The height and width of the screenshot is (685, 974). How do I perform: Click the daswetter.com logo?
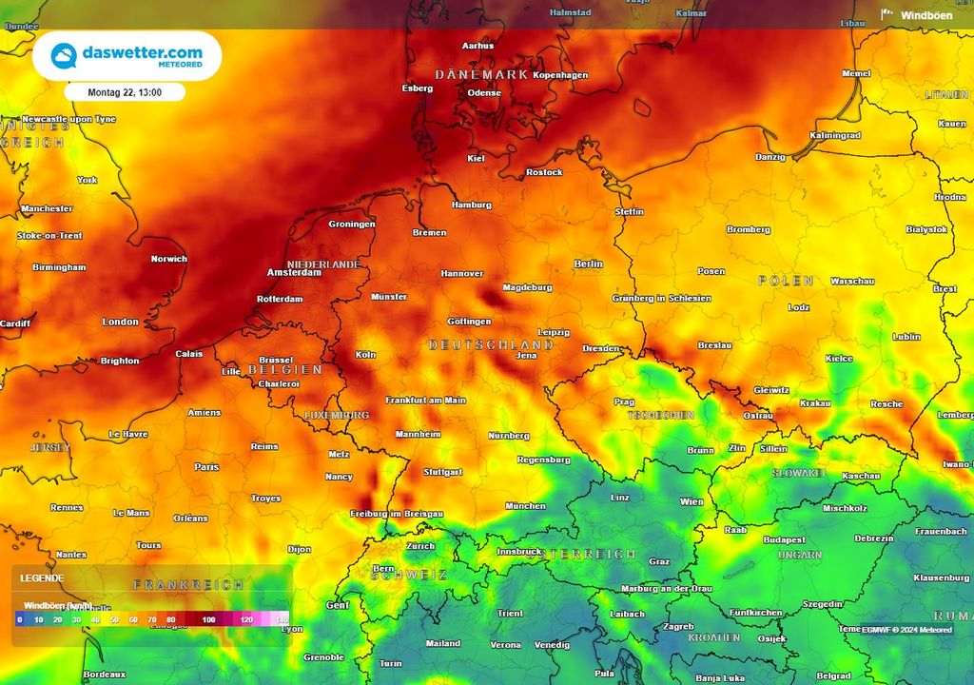click(127, 55)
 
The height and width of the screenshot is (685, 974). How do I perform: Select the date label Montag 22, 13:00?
click(125, 93)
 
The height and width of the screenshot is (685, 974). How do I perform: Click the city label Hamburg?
click(472, 205)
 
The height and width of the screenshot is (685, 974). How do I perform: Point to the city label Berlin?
click(589, 264)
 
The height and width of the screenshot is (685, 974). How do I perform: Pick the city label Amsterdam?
click(294, 272)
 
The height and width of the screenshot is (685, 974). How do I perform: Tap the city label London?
click(121, 322)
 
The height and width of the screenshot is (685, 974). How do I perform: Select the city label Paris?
click(206, 467)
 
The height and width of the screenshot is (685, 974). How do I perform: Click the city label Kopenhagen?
click(560, 75)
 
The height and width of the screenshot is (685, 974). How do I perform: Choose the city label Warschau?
click(852, 282)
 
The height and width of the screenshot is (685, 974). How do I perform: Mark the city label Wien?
click(692, 501)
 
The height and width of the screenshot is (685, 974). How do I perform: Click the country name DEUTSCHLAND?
click(491, 344)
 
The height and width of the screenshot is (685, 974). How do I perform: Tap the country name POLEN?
click(786, 281)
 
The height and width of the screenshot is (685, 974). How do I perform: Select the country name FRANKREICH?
click(188, 584)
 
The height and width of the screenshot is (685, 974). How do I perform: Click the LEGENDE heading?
click(43, 577)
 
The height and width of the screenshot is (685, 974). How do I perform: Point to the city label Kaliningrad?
click(835, 135)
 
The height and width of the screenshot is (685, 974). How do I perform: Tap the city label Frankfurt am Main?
click(425, 401)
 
